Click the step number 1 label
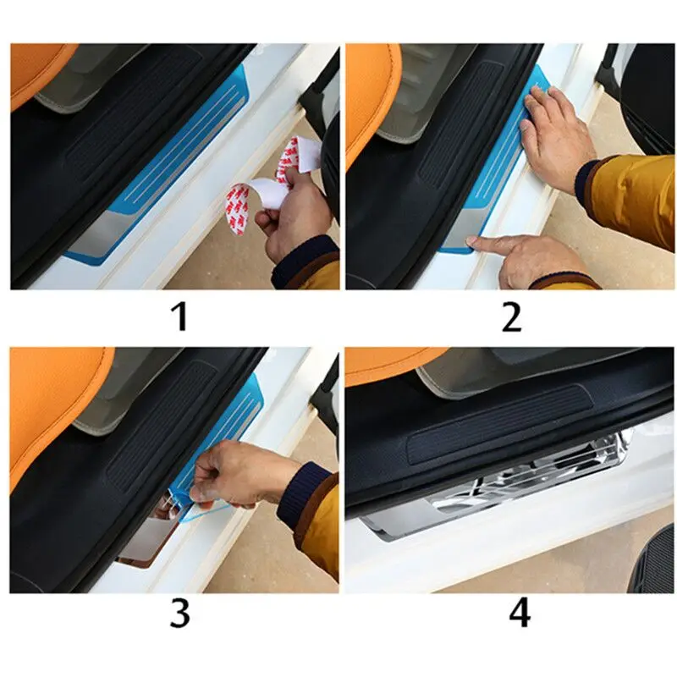[179, 316]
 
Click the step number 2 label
[511, 316]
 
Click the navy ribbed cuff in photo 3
[299, 497]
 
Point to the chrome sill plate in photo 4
[497, 488]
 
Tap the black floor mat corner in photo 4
[654, 561]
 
